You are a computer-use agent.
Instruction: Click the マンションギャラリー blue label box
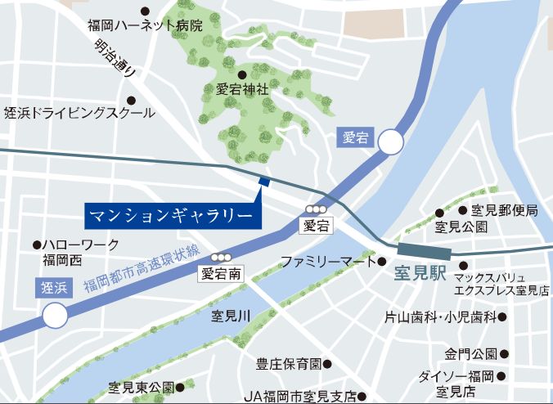point(173,216)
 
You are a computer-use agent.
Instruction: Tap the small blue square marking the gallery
point(263,182)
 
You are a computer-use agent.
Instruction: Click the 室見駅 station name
point(420,273)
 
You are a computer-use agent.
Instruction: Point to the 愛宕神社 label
point(242,90)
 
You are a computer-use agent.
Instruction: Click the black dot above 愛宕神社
point(242,74)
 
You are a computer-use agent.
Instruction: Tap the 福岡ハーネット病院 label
point(145,25)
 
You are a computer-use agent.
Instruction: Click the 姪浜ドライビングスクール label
point(79,113)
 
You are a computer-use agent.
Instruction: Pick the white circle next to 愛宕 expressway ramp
point(390,143)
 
